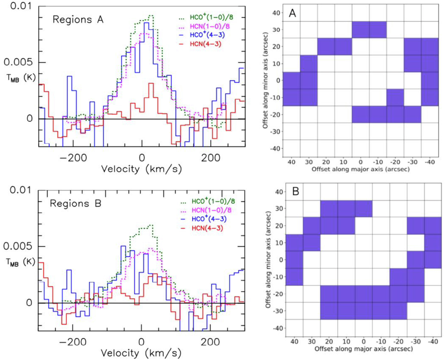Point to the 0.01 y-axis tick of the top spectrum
pos(21,6)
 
